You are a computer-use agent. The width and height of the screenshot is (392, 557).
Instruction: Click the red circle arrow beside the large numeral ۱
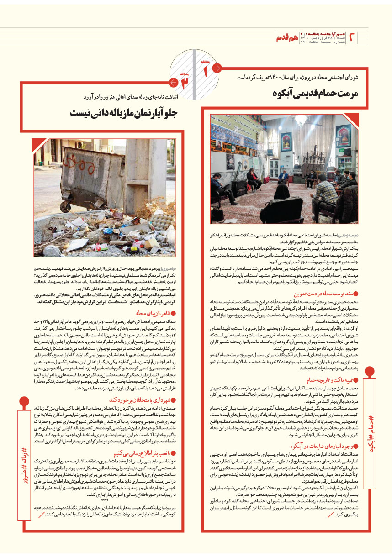point(217,68)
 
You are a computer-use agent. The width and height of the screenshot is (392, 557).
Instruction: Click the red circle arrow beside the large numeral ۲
point(173,83)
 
